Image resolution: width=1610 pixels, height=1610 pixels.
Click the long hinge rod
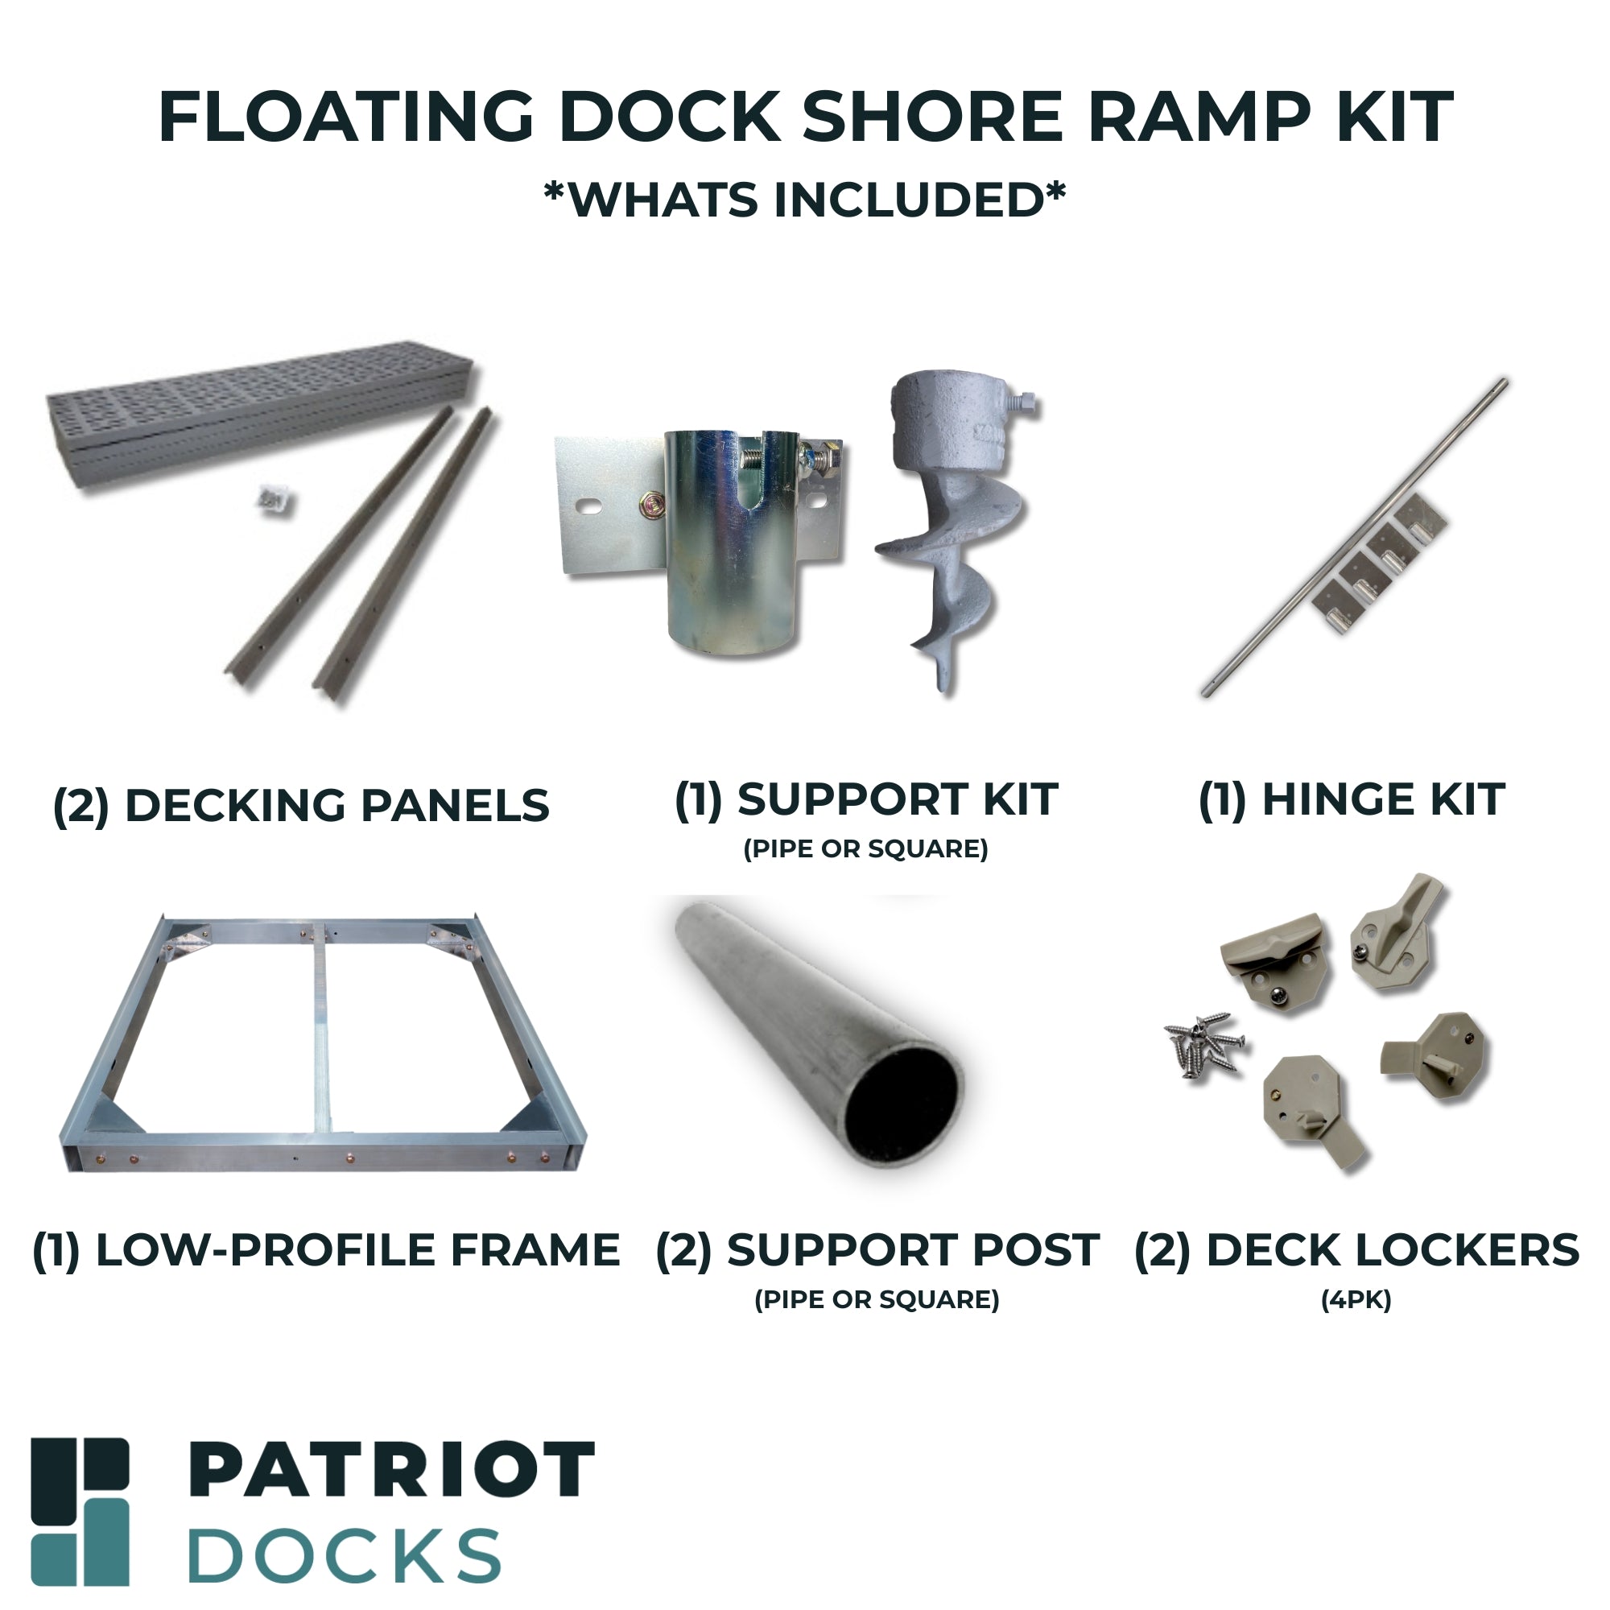[1353, 538]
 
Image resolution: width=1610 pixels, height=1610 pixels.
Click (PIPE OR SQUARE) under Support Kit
[865, 849]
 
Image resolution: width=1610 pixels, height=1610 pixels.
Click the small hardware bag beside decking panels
[275, 501]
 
